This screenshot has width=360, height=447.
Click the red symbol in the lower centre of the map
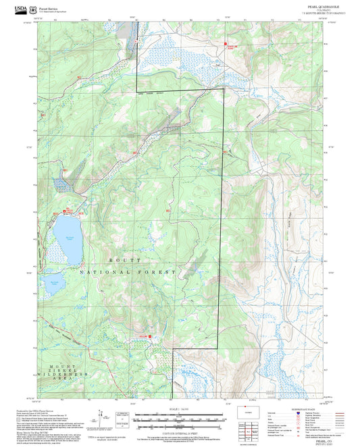pos(150,334)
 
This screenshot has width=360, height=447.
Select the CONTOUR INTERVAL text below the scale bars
pos(180,428)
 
